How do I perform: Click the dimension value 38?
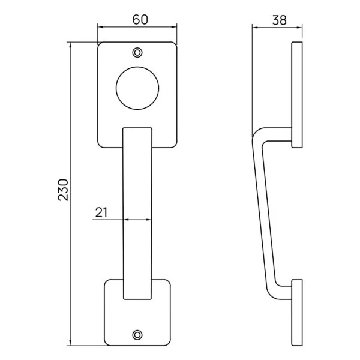[x=278, y=19]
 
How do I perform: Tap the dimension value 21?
[x=101, y=212]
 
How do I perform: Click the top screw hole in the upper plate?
[x=138, y=52]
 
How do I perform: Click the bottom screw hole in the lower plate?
[x=138, y=335]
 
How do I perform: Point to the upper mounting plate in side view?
[x=296, y=94]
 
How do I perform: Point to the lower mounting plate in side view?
[x=296, y=313]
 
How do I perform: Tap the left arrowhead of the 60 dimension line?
[x=101, y=27]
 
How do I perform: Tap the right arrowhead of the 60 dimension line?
[x=175, y=27]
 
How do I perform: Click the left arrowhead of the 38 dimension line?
[x=254, y=27]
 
